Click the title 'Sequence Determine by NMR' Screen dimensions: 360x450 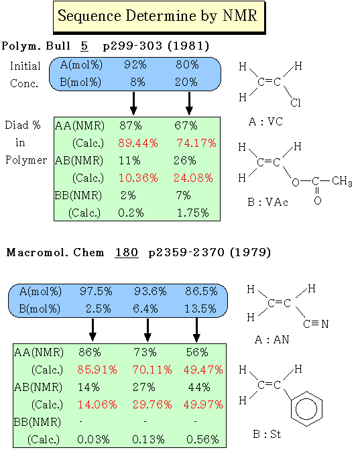pos(157,16)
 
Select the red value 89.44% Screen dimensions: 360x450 pos(138,143)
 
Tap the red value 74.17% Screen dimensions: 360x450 pos(196,143)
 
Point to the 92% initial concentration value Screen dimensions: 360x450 pos(135,65)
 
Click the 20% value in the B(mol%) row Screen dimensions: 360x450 pos(186,82)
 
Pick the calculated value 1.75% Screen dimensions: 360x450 pos(193,213)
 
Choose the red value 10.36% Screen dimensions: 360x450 pos(138,178)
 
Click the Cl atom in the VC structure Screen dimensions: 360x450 pos(296,103)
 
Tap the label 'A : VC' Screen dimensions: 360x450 pos(265,121)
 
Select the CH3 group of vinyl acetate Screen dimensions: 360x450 pos(342,181)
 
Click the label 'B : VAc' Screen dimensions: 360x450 pos(268,203)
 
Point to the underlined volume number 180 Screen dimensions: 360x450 pos(127,253)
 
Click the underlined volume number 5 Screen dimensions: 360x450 pos(84,46)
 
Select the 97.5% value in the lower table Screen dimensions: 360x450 pos(96,292)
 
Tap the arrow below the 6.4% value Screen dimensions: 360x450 pos(147,330)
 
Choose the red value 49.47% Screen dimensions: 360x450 pos(203,370)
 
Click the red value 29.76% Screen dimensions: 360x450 pos(152,404)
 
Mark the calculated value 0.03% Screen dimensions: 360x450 pos(93,439)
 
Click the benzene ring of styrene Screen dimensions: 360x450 pos(306,409)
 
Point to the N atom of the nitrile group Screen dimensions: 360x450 pos(324,325)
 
